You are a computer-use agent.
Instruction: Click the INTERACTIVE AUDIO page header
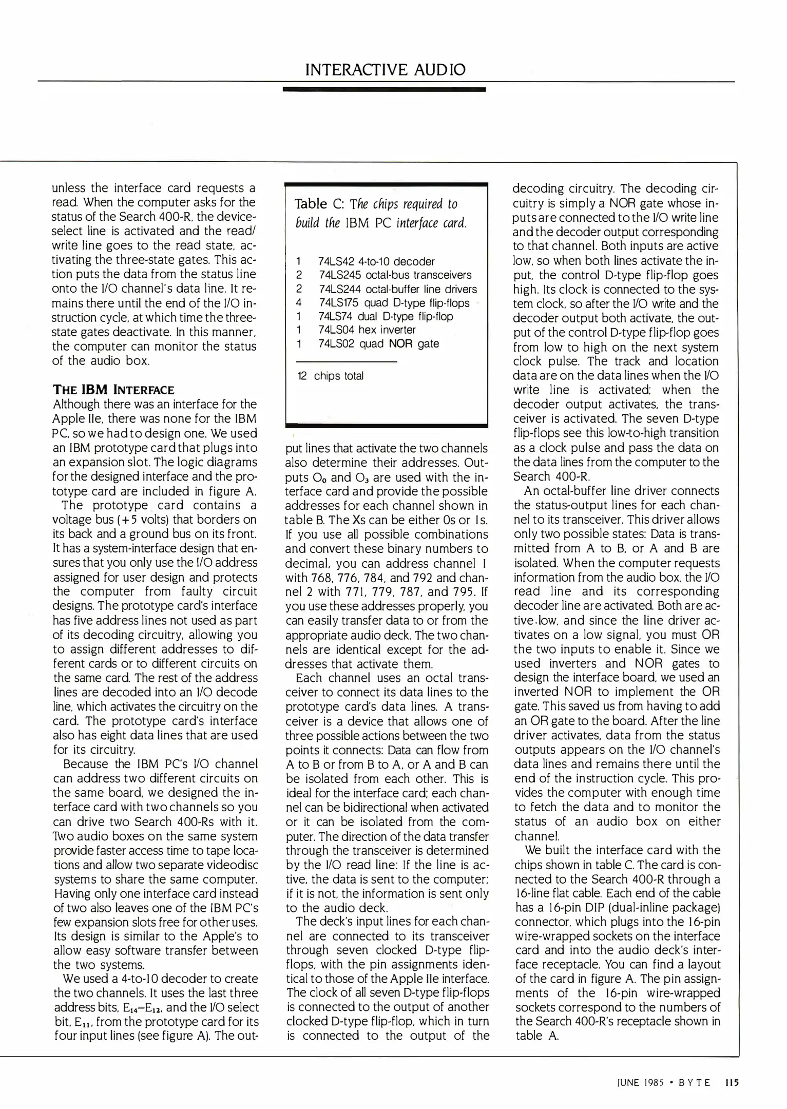click(385, 69)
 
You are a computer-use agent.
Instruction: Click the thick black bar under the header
click(384, 89)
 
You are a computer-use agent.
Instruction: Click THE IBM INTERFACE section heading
click(113, 390)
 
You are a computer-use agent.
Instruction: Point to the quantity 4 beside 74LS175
click(299, 303)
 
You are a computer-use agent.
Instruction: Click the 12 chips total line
click(330, 376)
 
